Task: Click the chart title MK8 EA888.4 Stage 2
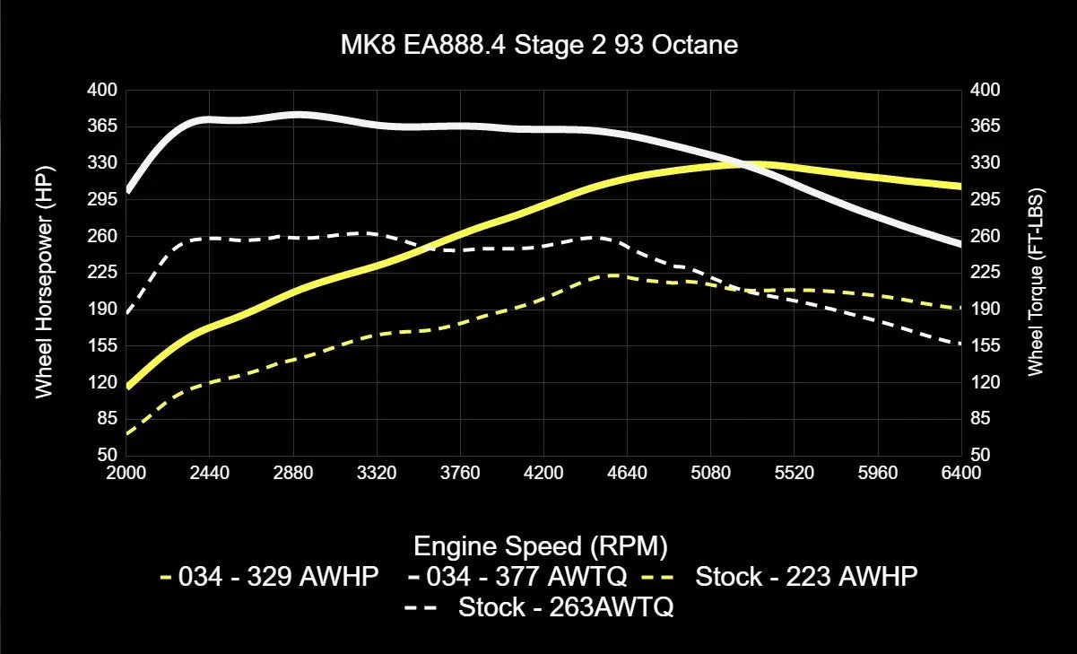click(538, 45)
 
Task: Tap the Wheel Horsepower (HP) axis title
click(43, 280)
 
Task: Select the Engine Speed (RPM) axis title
click(541, 545)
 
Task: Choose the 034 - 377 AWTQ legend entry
click(520, 577)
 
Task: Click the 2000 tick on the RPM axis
click(126, 473)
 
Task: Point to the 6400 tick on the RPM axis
click(961, 473)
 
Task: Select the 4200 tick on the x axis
click(543, 473)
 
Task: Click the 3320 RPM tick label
click(377, 473)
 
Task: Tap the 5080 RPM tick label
click(710, 473)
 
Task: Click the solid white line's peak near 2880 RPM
click(296, 115)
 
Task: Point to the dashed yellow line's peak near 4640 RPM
click(610, 275)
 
